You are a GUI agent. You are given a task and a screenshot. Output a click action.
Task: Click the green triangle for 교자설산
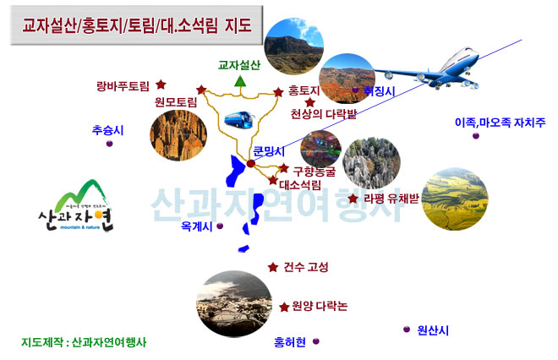240,81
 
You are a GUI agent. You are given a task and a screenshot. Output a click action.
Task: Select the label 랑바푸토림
123,85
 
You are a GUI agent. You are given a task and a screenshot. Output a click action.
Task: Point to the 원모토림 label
176,102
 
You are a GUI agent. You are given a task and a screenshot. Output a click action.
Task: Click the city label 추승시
108,130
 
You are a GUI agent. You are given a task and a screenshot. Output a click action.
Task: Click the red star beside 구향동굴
284,169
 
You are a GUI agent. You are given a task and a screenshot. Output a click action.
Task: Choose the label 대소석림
300,183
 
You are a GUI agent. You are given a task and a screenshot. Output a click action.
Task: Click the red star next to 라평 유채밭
353,199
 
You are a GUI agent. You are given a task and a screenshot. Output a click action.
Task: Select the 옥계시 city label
197,226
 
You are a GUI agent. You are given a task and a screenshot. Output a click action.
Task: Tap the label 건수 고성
306,267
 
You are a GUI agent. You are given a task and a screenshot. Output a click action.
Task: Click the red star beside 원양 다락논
283,306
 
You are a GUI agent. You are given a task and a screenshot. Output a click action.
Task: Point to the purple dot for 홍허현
316,341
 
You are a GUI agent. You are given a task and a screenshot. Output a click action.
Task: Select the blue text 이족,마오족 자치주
500,122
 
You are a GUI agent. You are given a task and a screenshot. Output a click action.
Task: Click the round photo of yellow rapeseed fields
456,200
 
